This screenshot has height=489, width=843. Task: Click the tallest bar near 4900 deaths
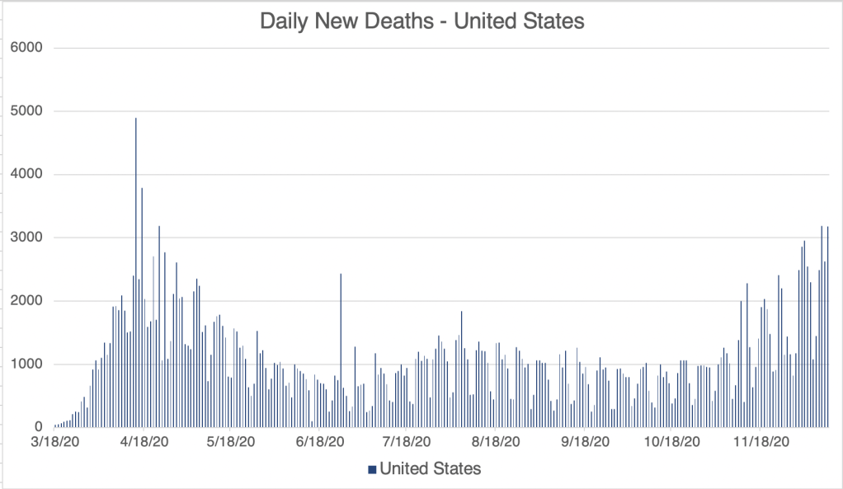coord(136,272)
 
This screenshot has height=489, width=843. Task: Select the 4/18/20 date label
coord(145,442)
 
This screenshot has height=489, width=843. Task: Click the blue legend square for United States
coord(372,469)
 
